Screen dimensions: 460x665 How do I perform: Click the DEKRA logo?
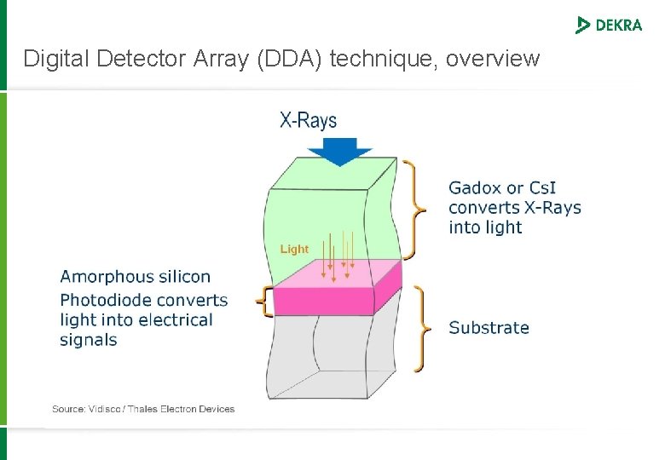609,25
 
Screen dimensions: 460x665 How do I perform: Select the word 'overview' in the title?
493,59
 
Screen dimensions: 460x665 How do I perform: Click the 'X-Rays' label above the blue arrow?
309,120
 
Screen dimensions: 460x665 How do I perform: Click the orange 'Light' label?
294,249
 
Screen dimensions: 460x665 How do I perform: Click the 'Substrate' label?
489,328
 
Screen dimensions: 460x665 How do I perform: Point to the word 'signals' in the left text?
89,340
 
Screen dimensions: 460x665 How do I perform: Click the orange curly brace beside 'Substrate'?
419,328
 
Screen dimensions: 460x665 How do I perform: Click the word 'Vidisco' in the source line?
103,409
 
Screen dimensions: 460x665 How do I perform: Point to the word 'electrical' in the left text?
176,320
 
